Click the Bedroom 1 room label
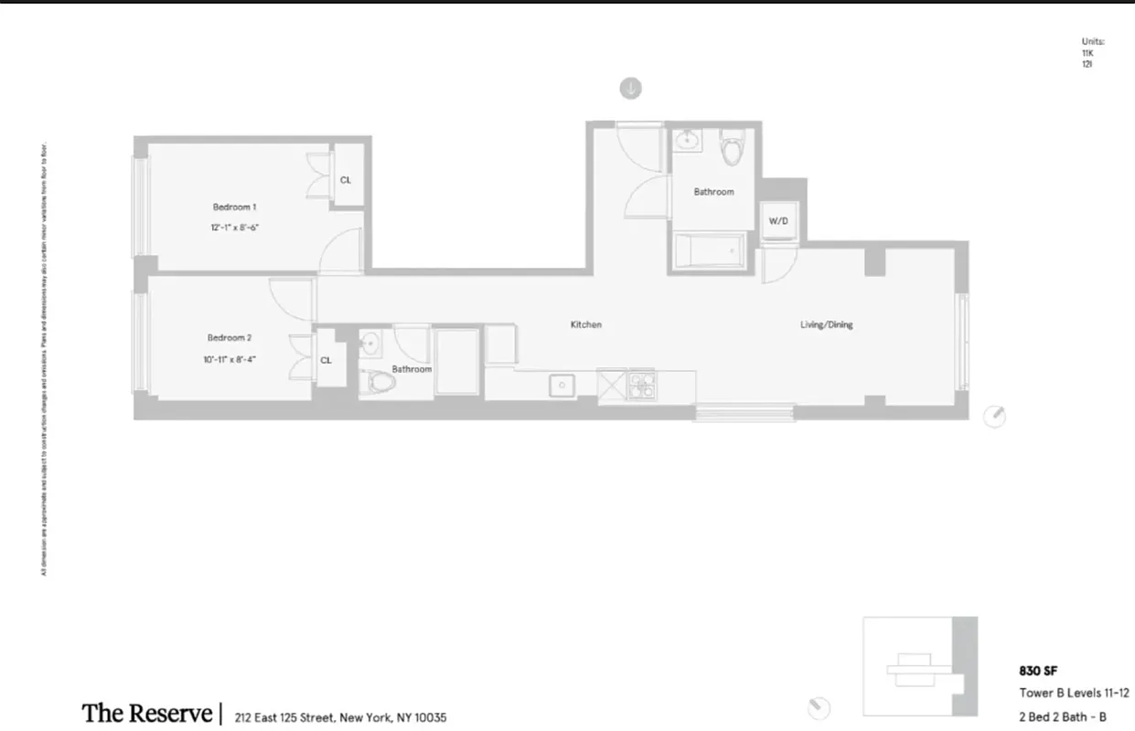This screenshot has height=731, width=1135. point(234,207)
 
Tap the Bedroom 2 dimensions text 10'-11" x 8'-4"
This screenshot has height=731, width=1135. point(229,359)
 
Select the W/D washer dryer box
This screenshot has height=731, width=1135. point(778,221)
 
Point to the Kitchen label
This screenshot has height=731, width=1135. point(585,324)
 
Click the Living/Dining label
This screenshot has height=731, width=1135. point(827,324)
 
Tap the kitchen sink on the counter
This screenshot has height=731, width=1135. point(562,386)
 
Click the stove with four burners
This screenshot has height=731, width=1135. point(639,386)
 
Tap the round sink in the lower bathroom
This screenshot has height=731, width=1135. point(369,343)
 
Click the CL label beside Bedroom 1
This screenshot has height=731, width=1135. point(346,180)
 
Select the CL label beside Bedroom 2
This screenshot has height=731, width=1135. point(326,360)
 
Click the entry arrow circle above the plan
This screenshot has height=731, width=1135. point(631,89)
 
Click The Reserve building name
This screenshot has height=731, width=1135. point(146,713)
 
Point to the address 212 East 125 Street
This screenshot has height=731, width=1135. point(340,718)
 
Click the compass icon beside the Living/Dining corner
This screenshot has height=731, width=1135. point(995,417)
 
